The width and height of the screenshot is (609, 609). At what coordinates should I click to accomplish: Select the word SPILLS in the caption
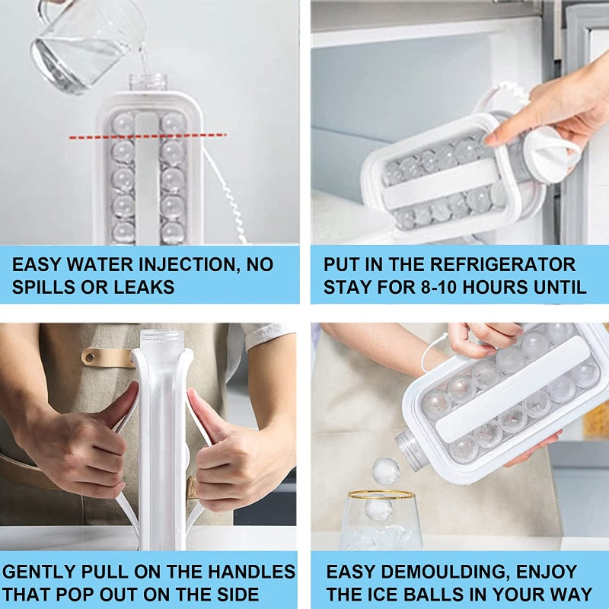(45, 287)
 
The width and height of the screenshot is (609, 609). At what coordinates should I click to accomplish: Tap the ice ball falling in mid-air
(386, 470)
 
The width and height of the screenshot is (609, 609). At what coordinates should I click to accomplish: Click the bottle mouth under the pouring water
(148, 81)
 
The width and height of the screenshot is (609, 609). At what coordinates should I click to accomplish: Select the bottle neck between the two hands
(161, 343)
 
